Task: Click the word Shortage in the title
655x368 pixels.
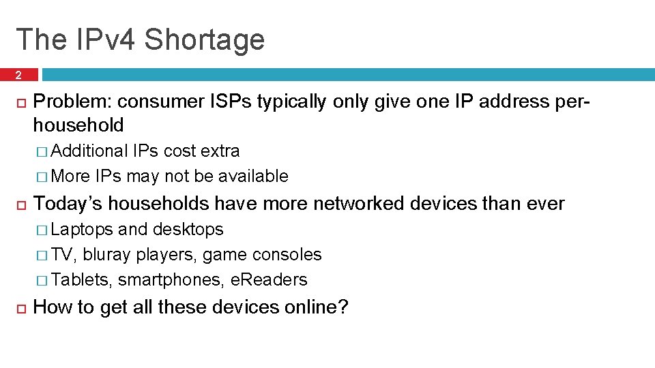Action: pyautogui.click(x=204, y=40)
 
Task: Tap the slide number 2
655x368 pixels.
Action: pyautogui.click(x=19, y=75)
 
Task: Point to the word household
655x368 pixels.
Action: pyautogui.click(x=78, y=125)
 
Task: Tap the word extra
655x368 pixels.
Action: pyautogui.click(x=220, y=151)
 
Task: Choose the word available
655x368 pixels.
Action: pyautogui.click(x=253, y=177)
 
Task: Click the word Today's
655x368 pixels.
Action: pyautogui.click(x=68, y=203)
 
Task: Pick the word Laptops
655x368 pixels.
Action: pyautogui.click(x=82, y=230)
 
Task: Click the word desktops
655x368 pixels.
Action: pyautogui.click(x=188, y=230)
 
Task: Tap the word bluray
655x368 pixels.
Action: pyautogui.click(x=107, y=255)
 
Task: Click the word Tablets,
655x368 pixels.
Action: pyautogui.click(x=82, y=280)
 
